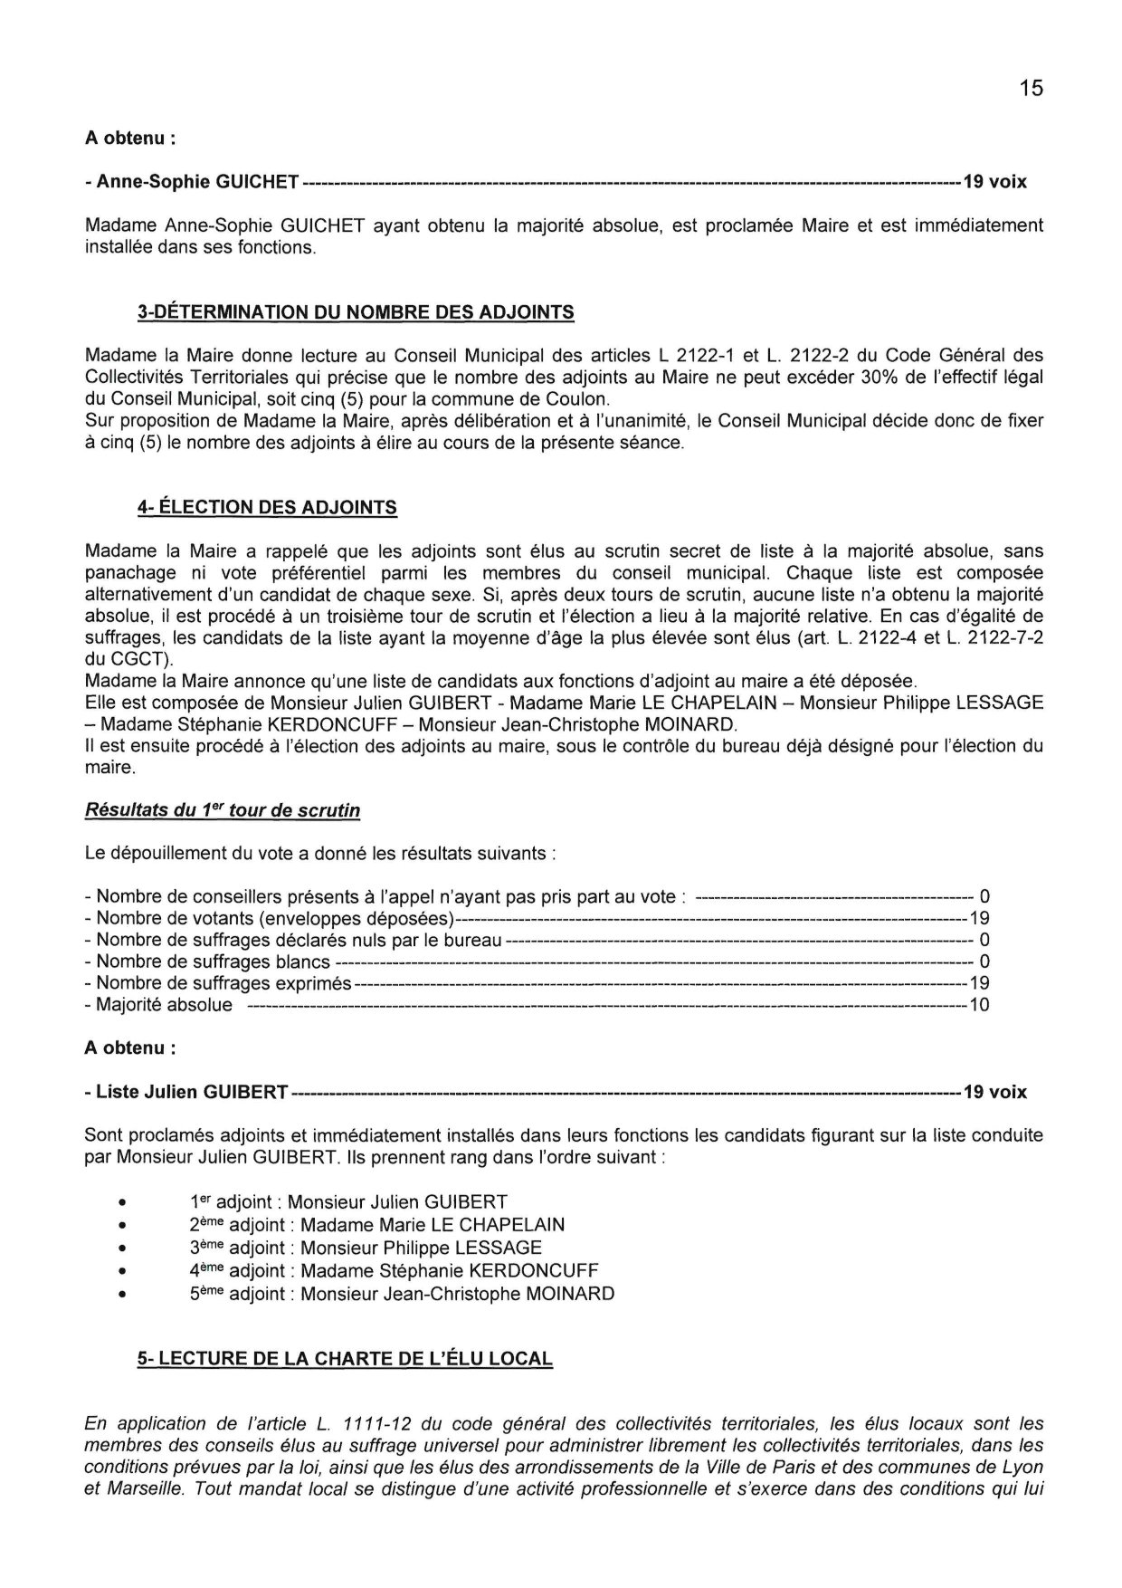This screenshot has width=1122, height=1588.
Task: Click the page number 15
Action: pos(1031,88)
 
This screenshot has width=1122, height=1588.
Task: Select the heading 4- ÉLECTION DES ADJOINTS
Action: pos(267,508)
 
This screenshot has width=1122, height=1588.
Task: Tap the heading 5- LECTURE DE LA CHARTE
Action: pos(345,1359)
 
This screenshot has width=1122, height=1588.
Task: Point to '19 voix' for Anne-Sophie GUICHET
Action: pos(994,182)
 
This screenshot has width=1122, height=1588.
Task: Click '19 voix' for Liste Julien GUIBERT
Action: pos(994,1093)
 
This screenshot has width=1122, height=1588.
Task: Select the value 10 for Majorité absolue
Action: pos(979,1005)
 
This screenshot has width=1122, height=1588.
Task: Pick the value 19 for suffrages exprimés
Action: pos(979,983)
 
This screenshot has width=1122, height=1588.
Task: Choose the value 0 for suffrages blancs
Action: pos(984,961)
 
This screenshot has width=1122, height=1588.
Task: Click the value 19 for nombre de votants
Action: pos(979,918)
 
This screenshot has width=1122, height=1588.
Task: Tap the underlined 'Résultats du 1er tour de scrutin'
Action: pos(222,811)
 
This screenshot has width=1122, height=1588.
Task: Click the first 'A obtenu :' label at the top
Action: pos(129,139)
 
